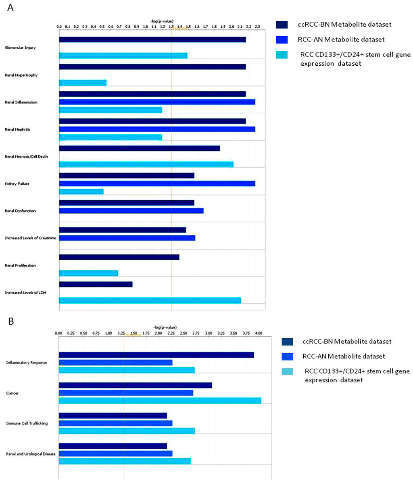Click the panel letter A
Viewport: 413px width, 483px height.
coord(11,8)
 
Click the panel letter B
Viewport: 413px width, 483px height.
coord(11,321)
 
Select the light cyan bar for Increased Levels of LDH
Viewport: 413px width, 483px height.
coord(150,300)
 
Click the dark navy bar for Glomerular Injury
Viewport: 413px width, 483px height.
coord(152,40)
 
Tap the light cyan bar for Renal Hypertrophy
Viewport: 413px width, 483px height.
coord(83,83)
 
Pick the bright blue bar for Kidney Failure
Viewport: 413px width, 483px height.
coord(157,183)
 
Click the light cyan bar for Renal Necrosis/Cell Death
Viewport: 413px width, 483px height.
coord(146,164)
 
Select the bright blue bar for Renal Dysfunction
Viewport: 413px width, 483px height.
coord(131,210)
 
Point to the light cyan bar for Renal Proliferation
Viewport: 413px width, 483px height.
coord(88,273)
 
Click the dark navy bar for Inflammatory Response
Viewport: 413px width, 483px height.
coord(156,355)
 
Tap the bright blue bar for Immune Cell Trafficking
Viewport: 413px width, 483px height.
coord(115,423)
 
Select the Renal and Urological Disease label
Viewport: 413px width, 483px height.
coord(31,454)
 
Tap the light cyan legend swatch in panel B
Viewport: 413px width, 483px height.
coord(288,371)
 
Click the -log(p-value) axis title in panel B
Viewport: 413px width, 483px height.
coord(165,327)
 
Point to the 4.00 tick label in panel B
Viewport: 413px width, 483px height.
coord(259,333)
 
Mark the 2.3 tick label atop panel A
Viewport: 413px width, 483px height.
coord(258,26)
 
